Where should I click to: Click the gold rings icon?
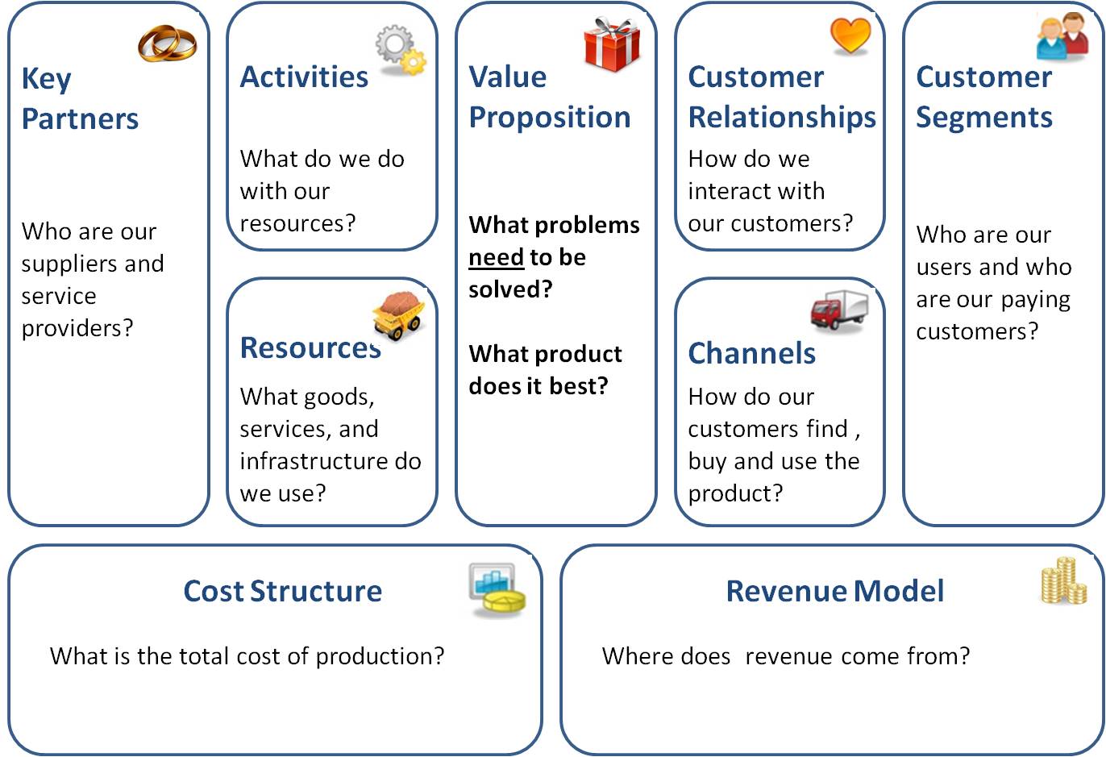pos(167,44)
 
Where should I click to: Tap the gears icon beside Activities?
pos(401,50)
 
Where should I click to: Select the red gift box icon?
pos(612,44)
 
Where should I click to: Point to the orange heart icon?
pos(850,35)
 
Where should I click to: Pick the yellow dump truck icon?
pos(398,315)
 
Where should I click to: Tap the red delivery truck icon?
pos(839,310)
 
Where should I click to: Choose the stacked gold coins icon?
pos(1064,580)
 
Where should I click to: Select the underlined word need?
pos(497,257)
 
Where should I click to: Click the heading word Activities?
pos(304,77)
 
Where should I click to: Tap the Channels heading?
pos(752,353)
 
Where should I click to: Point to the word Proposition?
pos(550,119)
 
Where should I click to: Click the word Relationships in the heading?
pos(782,119)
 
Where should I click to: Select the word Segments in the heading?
pos(984,119)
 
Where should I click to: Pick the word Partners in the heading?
pos(80,119)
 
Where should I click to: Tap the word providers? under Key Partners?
pos(77,328)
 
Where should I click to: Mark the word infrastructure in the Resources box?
pos(314,461)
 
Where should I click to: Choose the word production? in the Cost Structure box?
pos(380,657)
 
